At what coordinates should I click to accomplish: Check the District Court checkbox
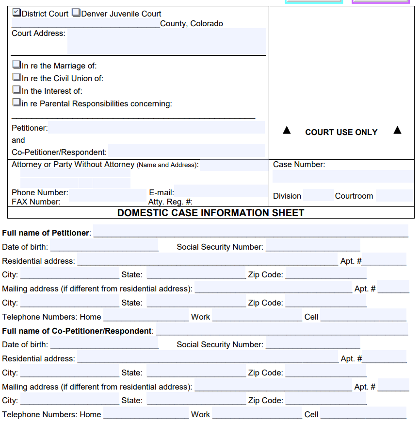click(16, 13)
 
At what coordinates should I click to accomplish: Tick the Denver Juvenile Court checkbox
click(76, 13)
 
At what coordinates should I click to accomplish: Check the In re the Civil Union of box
click(16, 77)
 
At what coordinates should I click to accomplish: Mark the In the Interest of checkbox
click(16, 90)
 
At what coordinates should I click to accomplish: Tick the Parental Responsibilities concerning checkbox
click(16, 102)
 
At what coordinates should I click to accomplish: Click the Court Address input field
click(166, 41)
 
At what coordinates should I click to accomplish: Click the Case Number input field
click(343, 176)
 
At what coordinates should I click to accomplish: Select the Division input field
click(318, 195)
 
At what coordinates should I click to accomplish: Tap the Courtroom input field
click(394, 195)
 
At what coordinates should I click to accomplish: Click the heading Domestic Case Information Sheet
click(210, 213)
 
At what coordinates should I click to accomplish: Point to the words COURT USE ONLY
click(341, 132)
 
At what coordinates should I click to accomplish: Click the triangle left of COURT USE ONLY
click(287, 130)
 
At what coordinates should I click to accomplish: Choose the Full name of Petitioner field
click(251, 231)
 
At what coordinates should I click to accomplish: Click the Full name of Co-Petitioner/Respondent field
click(281, 329)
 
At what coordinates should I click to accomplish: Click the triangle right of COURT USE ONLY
click(398, 130)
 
